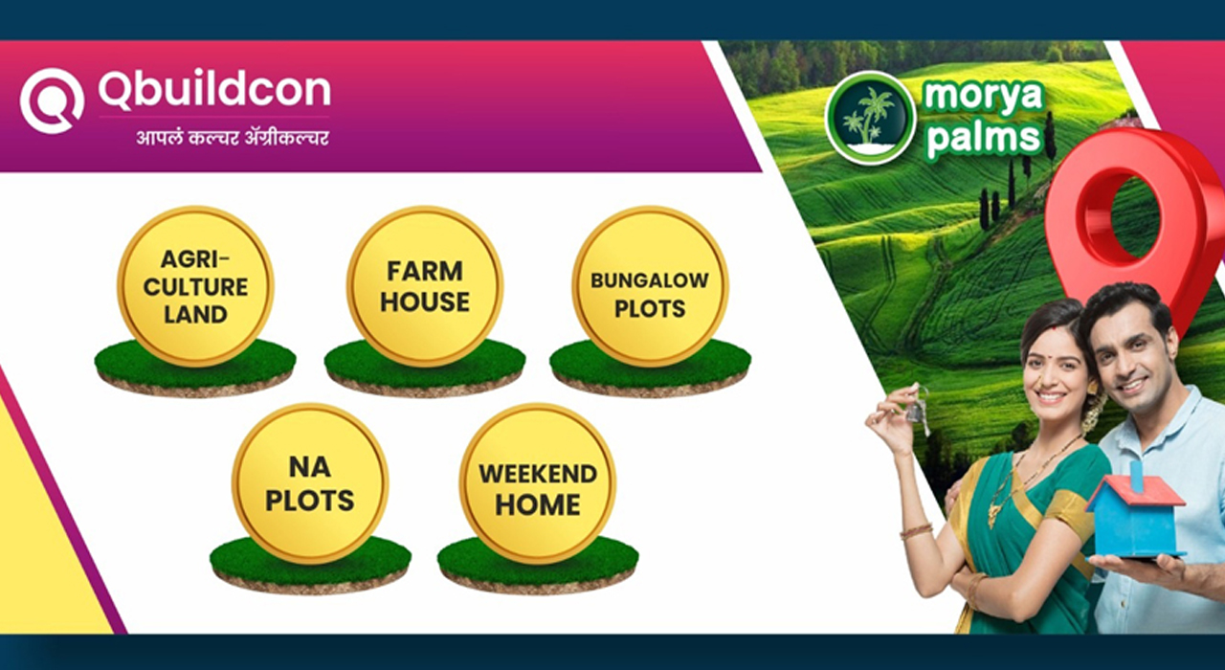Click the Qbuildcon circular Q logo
coord(52,100)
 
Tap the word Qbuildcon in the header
coord(214,89)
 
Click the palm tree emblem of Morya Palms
coord(870,118)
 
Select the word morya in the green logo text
coord(983,96)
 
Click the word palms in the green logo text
coord(983,136)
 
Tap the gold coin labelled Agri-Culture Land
coord(195,286)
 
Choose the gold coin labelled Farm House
coord(425,286)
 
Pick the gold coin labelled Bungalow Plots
coord(650,286)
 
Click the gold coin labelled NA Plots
coord(310,483)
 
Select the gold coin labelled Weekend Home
coord(538,483)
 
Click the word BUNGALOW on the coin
coord(650,280)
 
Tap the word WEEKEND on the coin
coord(538,474)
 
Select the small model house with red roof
coord(1136,517)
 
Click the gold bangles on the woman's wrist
coord(917,530)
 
